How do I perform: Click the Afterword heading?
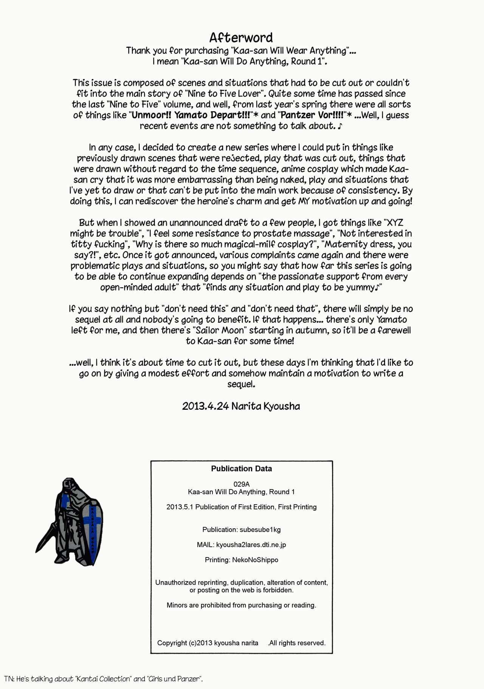[x=241, y=37]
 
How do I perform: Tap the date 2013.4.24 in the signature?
[x=205, y=406]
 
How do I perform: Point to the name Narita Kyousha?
[x=265, y=406]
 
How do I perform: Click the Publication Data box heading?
[x=241, y=469]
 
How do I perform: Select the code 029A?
[x=241, y=484]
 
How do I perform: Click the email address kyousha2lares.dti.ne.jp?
[x=251, y=545]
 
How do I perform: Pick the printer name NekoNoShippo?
[x=255, y=560]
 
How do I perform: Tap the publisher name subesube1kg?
[x=260, y=530]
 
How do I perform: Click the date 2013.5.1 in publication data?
[x=180, y=507]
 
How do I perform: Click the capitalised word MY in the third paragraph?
[x=304, y=201]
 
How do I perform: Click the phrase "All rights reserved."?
[x=297, y=643]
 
